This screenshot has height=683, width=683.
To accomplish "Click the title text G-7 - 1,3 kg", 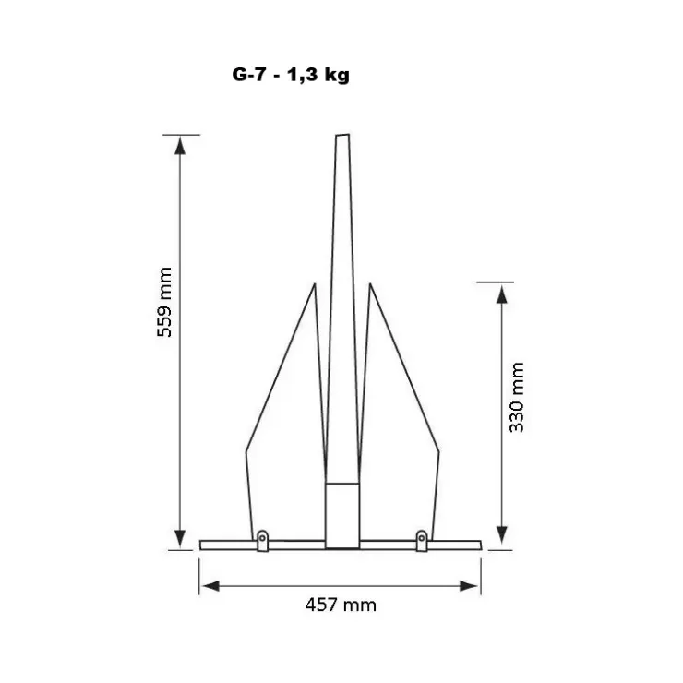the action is [x=291, y=75].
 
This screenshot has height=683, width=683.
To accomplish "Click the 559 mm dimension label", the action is [x=164, y=303].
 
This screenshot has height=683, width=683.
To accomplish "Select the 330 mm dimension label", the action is [x=517, y=397].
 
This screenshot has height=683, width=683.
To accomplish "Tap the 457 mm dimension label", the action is [x=341, y=605].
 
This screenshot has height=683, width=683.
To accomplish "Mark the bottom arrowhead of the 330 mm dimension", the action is [x=502, y=535].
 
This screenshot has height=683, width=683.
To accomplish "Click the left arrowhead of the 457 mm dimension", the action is [x=210, y=586].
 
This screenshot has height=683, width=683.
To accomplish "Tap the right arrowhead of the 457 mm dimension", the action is [x=469, y=586].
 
